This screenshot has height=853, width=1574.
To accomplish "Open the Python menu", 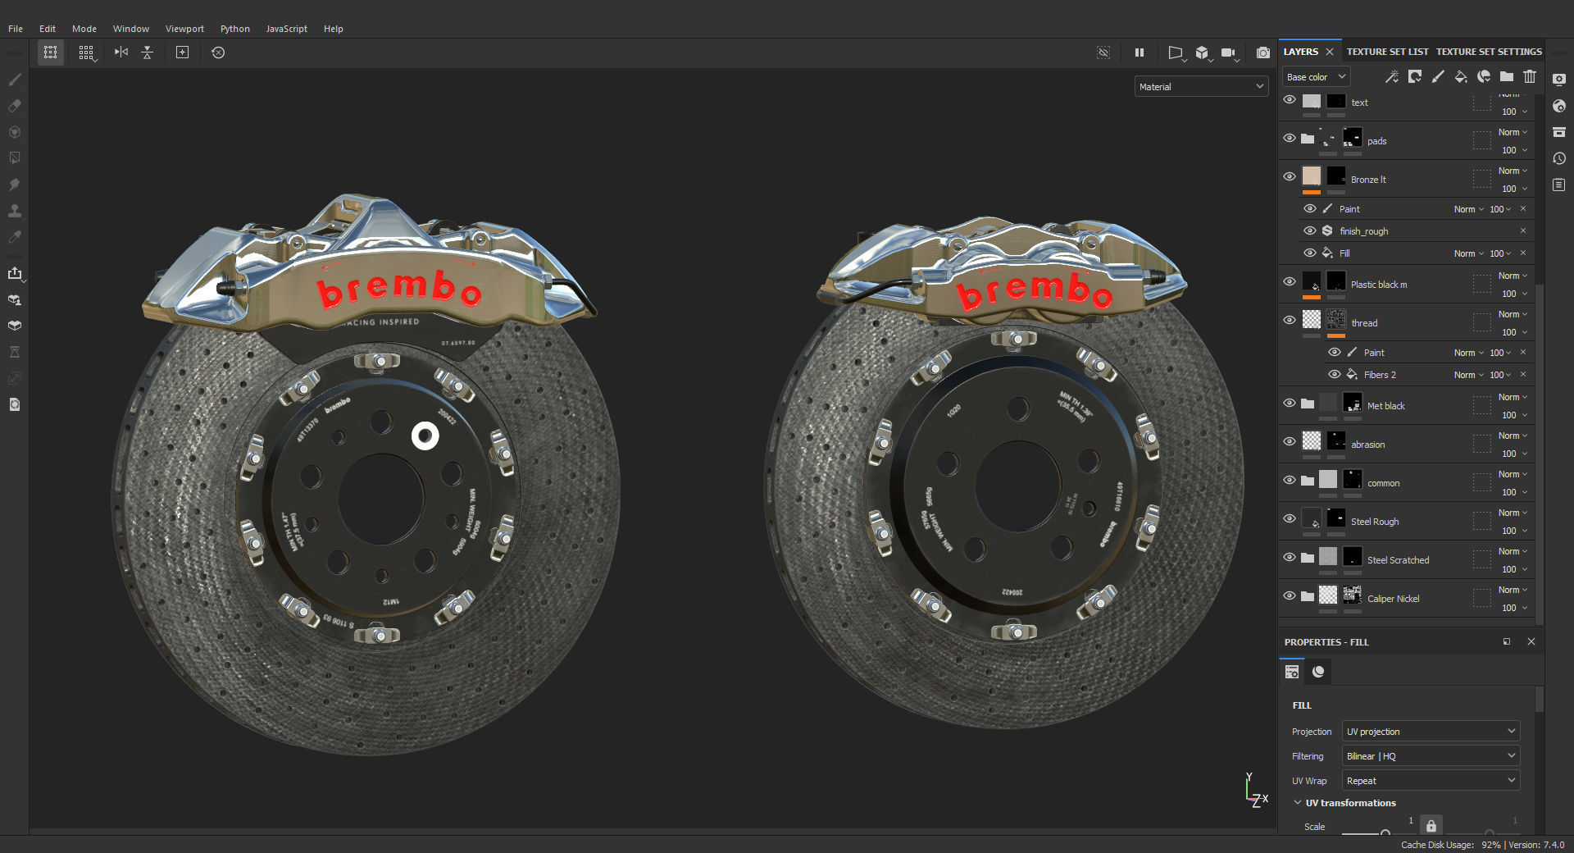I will coord(234,29).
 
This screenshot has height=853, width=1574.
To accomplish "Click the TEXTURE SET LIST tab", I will coord(1387,52).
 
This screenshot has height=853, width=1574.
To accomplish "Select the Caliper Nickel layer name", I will coord(1393,599).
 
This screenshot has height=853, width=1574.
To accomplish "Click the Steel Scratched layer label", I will coord(1398,560).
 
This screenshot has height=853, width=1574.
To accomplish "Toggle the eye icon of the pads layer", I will coord(1290,139).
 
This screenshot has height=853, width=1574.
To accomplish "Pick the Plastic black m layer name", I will coord(1378,285).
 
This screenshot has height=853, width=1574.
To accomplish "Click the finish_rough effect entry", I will coord(1363,231).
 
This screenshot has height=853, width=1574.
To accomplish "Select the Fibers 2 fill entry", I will coord(1380,375).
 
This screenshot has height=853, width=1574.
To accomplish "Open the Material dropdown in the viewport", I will coord(1201,87).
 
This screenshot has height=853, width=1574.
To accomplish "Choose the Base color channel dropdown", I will coord(1316,77).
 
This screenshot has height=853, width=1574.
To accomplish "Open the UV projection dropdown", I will coord(1431,732).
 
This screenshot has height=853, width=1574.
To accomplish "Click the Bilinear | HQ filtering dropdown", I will coord(1431,756).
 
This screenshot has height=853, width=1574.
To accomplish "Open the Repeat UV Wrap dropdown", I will coord(1431,781).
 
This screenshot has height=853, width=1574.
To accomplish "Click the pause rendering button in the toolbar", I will coord(1139,52).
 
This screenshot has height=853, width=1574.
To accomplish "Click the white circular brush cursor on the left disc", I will coord(425,436).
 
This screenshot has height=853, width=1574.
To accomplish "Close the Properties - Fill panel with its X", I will coord(1531,642).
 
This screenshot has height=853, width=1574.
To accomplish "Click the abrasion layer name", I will coord(1367,445).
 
